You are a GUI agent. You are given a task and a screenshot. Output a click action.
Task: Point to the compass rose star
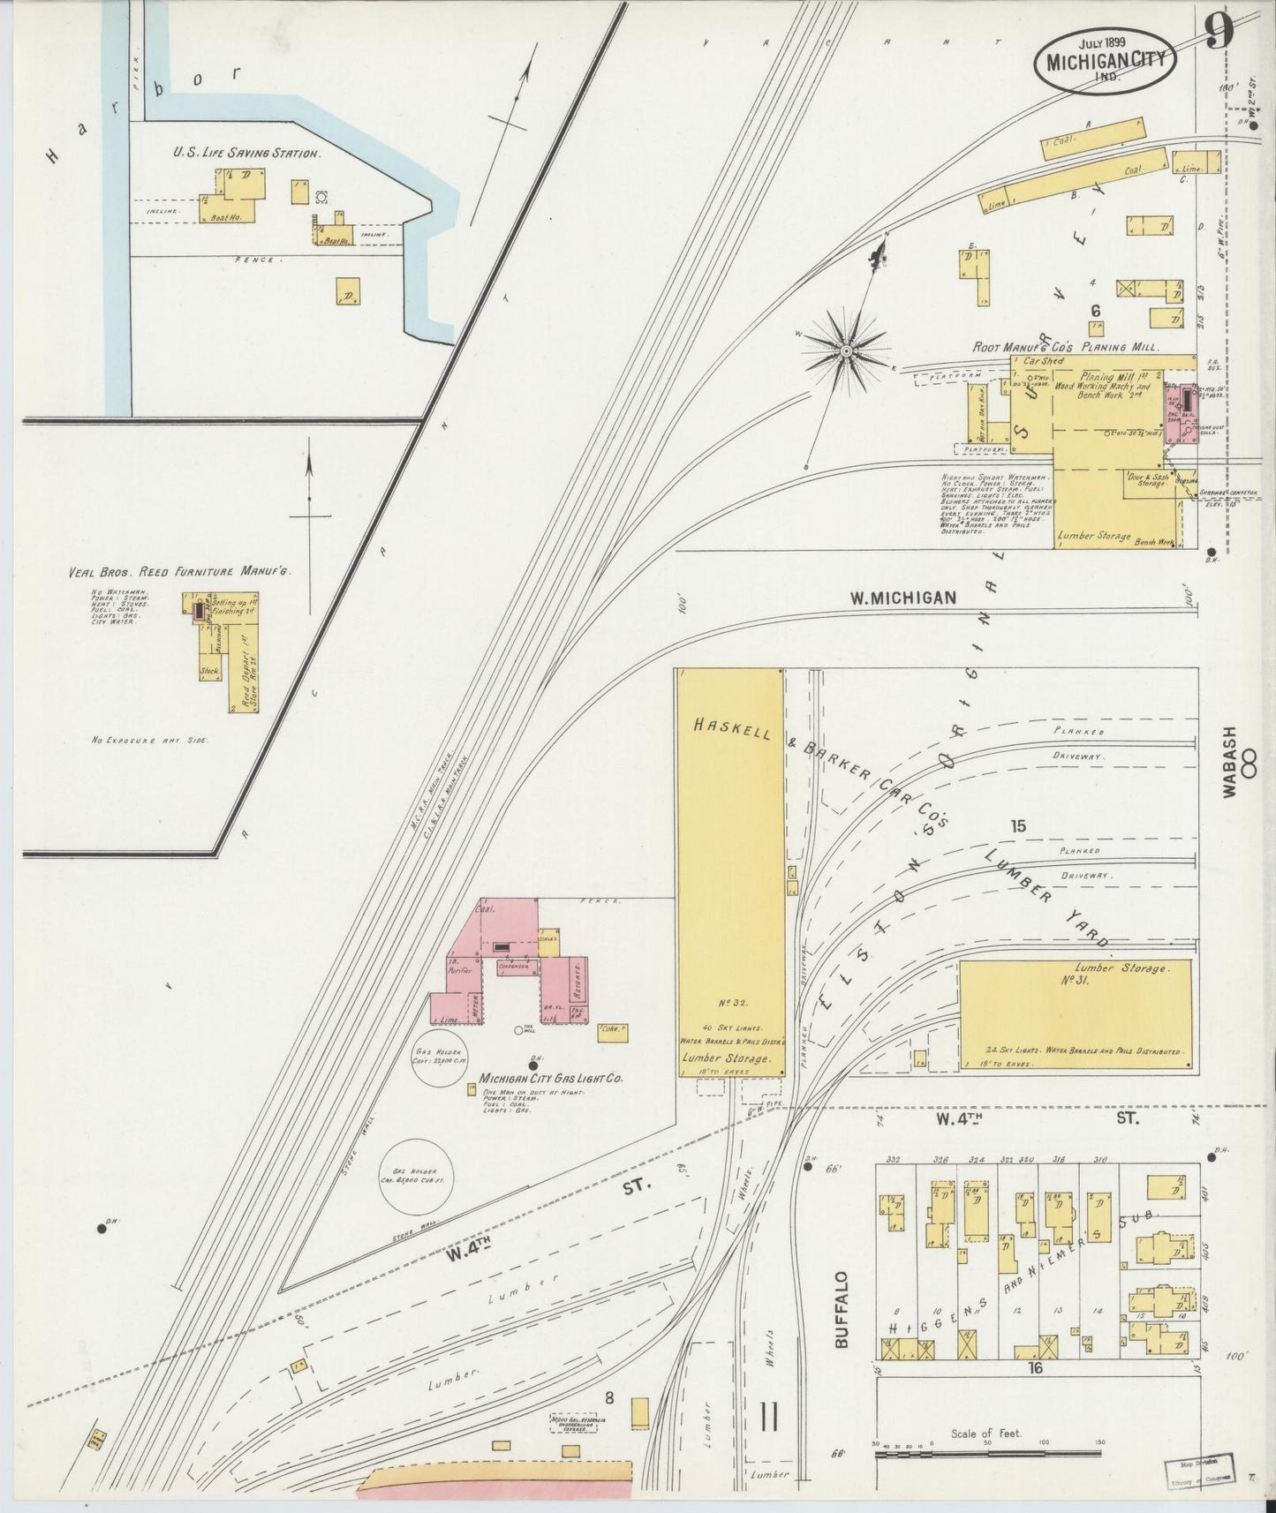tap(846, 351)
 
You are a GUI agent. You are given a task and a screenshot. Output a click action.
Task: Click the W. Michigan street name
tap(902, 598)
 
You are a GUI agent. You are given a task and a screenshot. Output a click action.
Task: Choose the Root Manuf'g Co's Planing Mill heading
tap(1065, 348)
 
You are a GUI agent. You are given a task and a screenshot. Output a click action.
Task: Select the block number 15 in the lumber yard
tap(1018, 826)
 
